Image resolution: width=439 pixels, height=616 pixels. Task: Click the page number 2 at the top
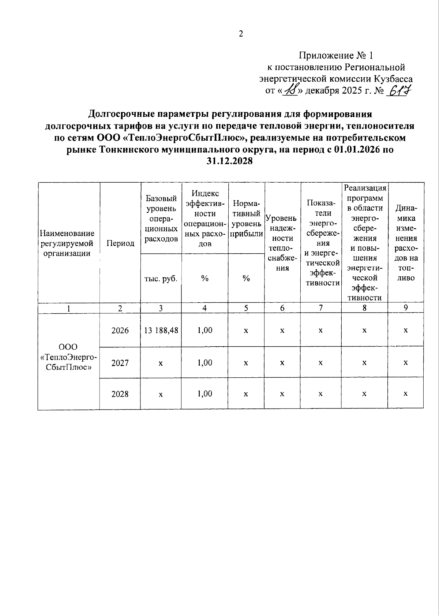coord(241,34)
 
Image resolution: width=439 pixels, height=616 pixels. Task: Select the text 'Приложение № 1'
coord(335,56)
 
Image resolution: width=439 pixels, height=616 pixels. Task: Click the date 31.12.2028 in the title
coord(230,161)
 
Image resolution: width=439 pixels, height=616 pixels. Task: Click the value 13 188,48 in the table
coord(161,330)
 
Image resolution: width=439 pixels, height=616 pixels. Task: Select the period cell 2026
coord(120,331)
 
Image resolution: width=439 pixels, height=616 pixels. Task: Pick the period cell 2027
coord(120,363)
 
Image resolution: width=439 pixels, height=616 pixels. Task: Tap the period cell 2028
coord(120,394)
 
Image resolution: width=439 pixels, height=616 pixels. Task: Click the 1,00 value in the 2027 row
coord(205,362)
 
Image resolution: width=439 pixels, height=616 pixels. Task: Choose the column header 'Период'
coord(120,243)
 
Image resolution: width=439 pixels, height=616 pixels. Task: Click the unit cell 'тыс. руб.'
coord(161,279)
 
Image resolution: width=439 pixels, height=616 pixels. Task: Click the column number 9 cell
coord(405,308)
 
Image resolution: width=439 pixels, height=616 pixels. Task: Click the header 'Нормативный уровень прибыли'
coord(246,219)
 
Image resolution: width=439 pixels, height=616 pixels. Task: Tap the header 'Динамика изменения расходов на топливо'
coord(406,243)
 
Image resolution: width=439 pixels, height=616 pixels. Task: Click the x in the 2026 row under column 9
coord(405,331)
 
